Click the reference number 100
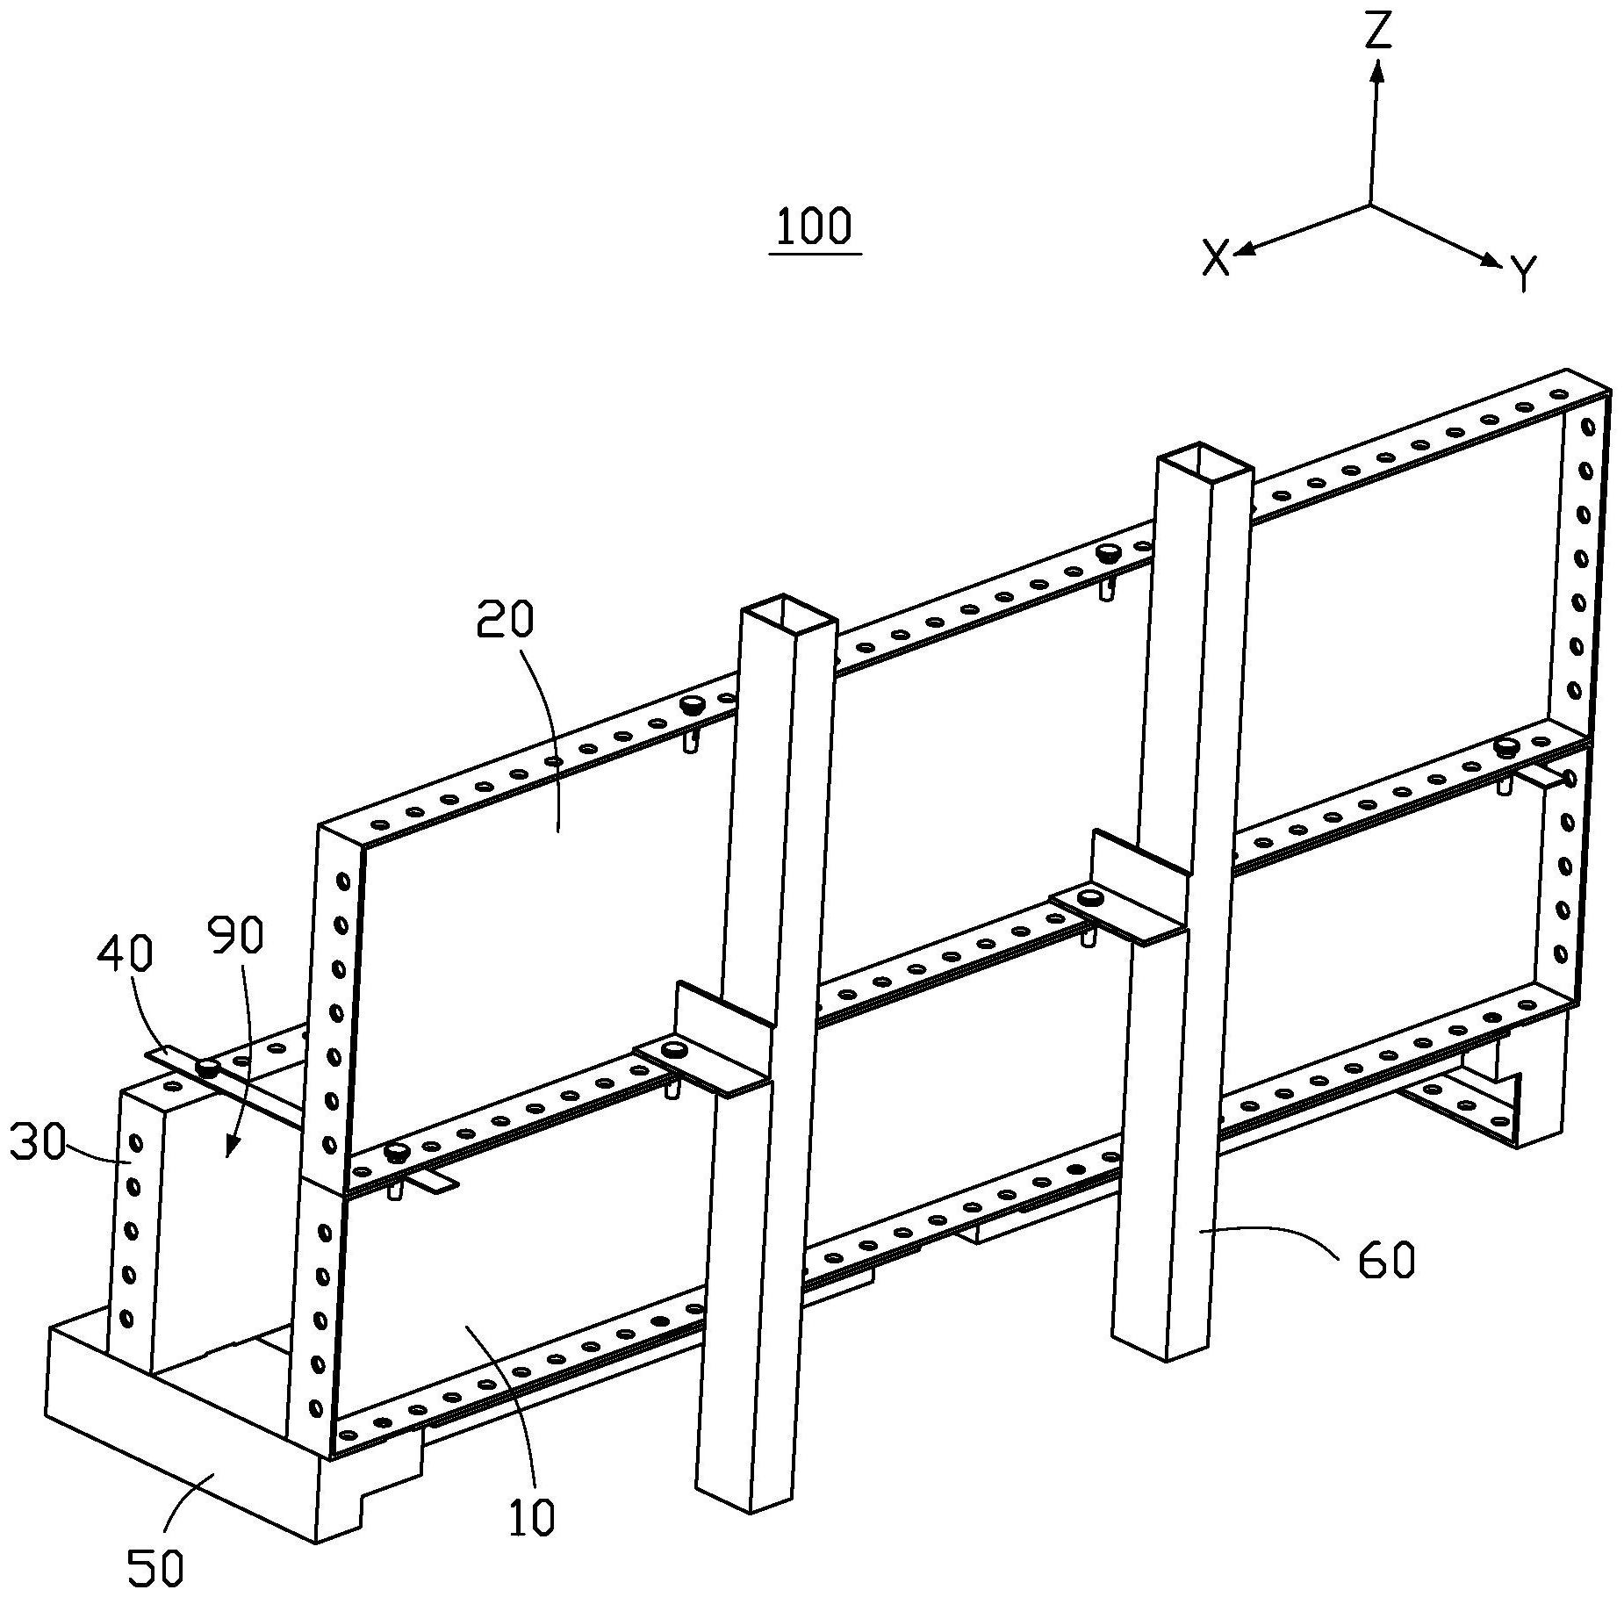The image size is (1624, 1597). click(814, 227)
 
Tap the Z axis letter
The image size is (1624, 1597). click(1379, 32)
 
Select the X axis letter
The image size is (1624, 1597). click(1216, 259)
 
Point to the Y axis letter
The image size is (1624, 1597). click(1525, 273)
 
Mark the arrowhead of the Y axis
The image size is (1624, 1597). click(1491, 260)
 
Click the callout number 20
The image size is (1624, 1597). click(505, 621)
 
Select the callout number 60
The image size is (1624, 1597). click(1386, 1262)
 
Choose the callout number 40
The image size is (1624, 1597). click(125, 953)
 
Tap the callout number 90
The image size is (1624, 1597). click(236, 937)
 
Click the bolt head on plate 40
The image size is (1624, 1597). click(208, 1068)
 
